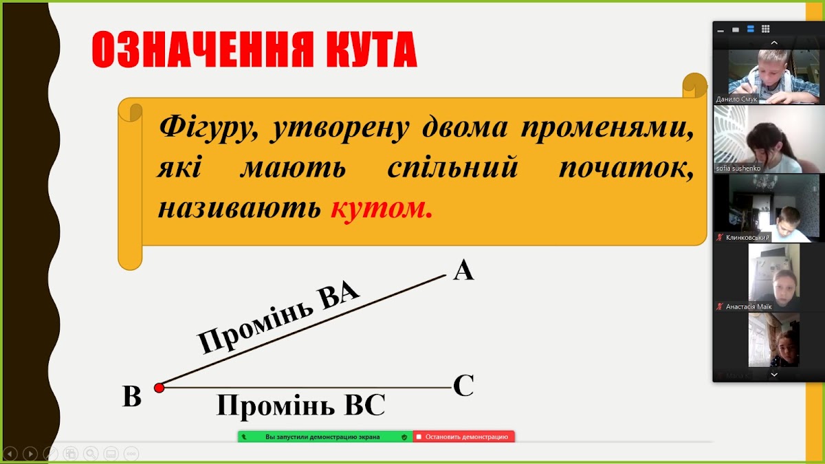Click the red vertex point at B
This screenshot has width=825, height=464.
(159, 388)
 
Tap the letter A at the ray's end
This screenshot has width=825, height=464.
(463, 270)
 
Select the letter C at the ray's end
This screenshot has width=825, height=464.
(463, 385)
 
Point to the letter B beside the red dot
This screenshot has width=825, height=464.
(131, 396)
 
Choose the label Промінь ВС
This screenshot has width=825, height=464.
(300, 405)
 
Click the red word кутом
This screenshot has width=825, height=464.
(381, 208)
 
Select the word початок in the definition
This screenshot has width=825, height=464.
(626, 168)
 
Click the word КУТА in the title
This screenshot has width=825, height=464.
(371, 49)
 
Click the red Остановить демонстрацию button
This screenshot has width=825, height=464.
(463, 437)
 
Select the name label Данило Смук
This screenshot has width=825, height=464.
(736, 99)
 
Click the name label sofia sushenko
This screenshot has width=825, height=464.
(738, 168)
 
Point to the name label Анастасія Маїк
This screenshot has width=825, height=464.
(749, 307)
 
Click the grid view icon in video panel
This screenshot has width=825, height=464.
(766, 29)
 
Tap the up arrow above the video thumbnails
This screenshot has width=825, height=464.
(774, 43)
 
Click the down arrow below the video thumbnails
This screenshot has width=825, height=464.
(774, 375)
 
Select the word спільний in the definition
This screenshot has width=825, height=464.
(453, 168)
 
